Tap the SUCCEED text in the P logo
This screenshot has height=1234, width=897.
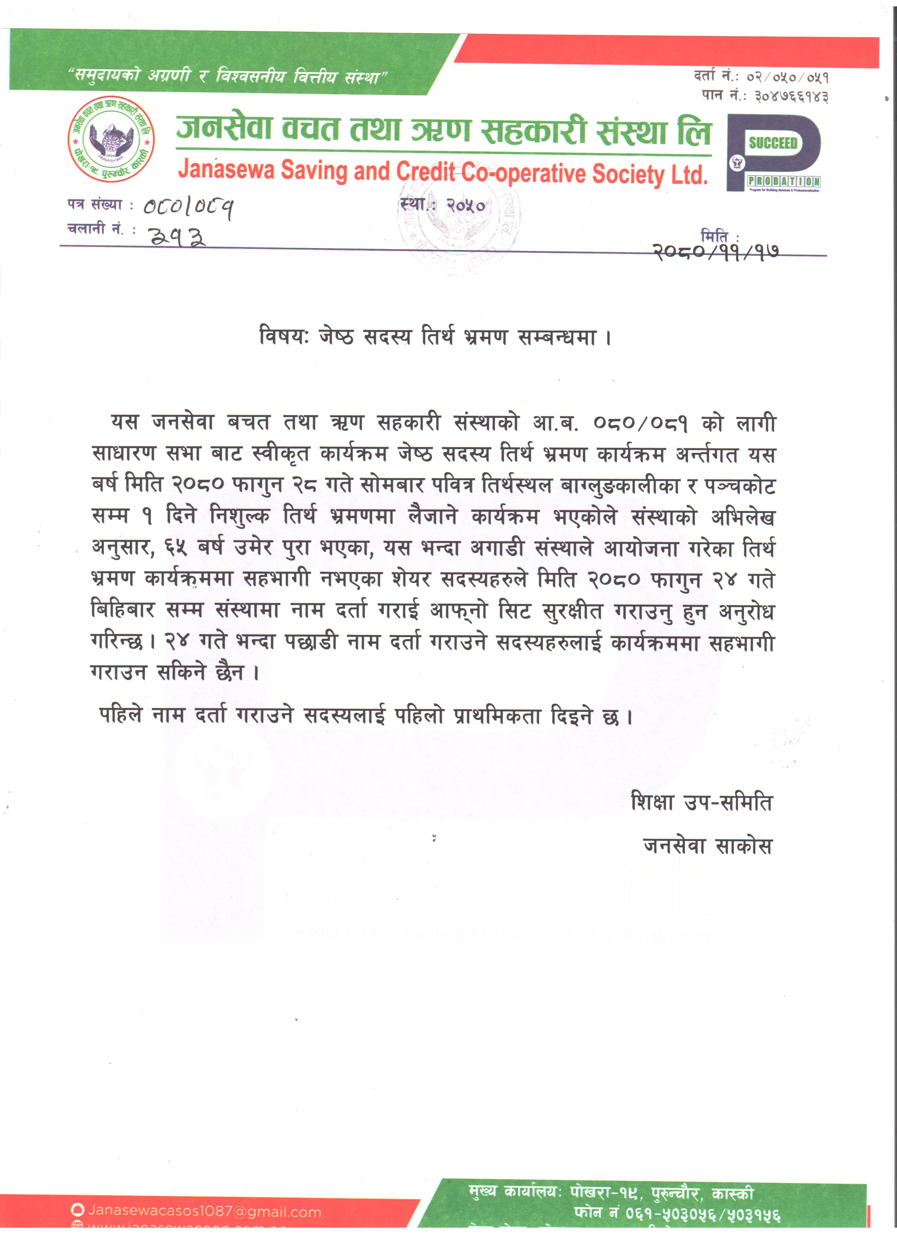pyautogui.click(x=772, y=143)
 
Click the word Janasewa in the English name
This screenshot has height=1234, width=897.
pyautogui.click(x=226, y=170)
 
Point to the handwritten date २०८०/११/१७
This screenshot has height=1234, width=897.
pyautogui.click(x=715, y=252)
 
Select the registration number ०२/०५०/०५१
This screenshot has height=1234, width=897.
pyautogui.click(x=788, y=77)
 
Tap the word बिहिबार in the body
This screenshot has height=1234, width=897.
pyautogui.click(x=123, y=610)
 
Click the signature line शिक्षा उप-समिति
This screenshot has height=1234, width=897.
pyautogui.click(x=701, y=802)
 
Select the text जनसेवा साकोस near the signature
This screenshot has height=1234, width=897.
pyautogui.click(x=707, y=846)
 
